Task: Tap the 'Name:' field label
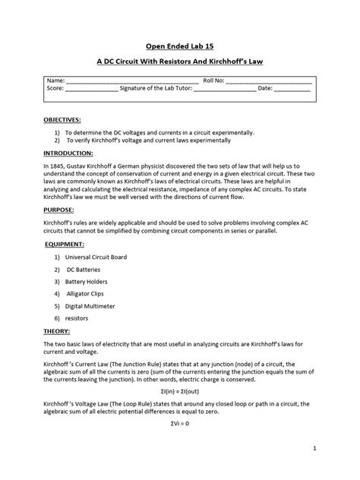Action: (x=56, y=81)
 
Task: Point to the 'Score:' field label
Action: (x=56, y=89)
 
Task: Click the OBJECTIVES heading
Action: (x=62, y=120)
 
